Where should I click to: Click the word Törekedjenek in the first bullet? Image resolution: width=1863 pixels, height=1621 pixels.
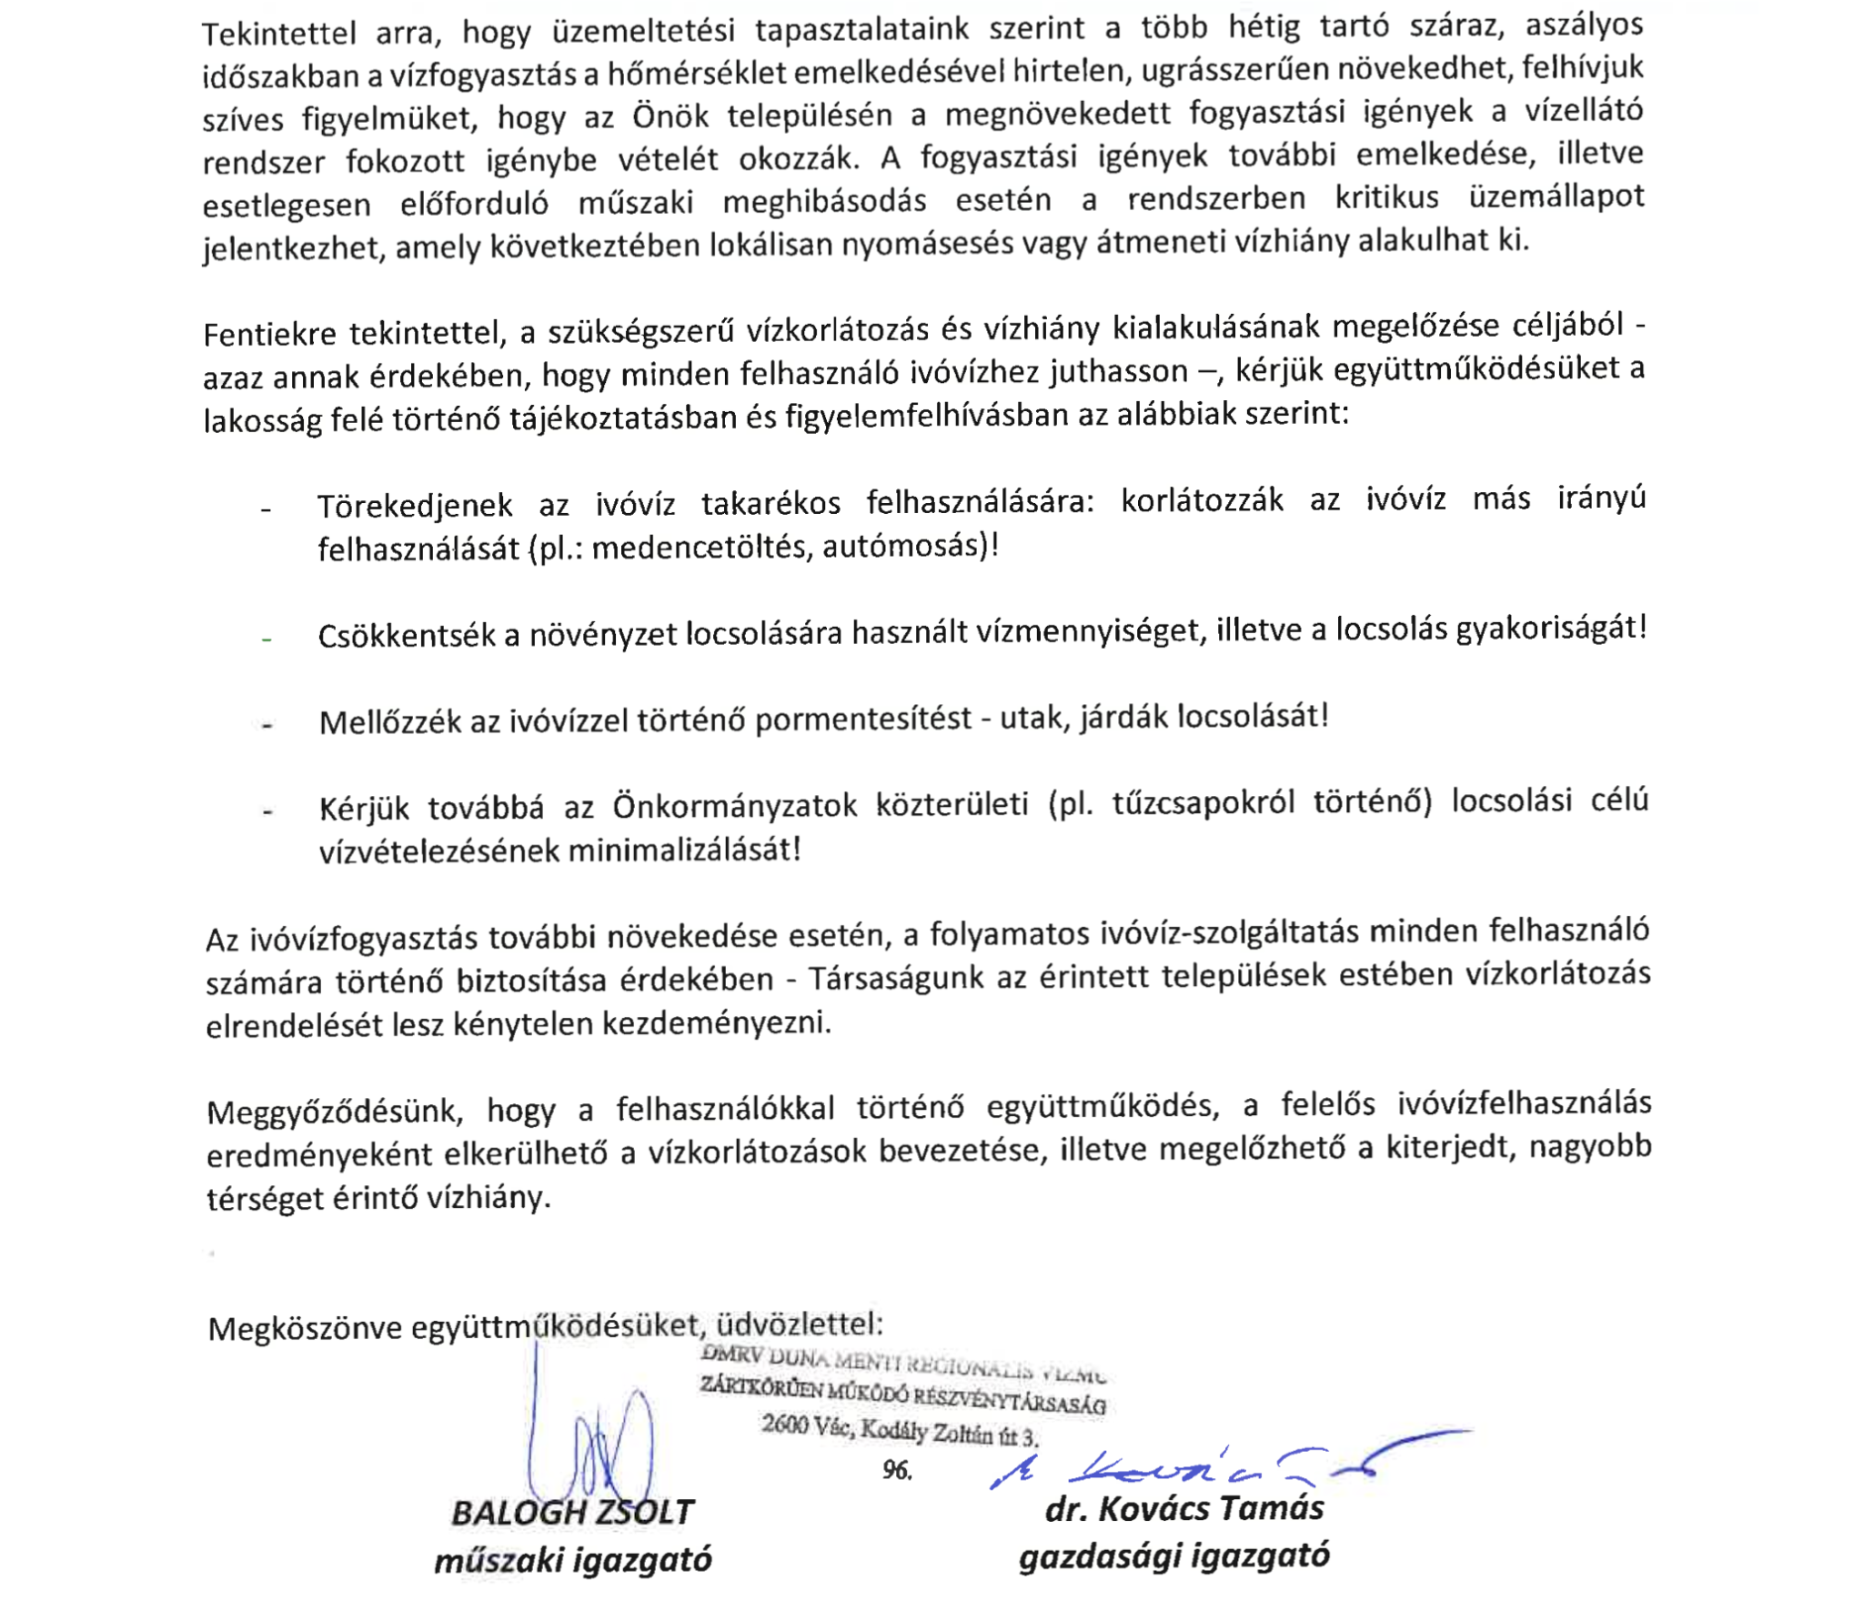pyautogui.click(x=415, y=506)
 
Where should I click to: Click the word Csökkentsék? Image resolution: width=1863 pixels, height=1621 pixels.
pyautogui.click(x=407, y=635)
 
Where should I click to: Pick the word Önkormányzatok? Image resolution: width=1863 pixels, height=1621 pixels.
pyautogui.click(x=734, y=806)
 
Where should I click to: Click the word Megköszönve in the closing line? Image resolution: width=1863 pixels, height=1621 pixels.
pyautogui.click(x=304, y=1329)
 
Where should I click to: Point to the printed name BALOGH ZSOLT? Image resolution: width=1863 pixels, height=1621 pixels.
pyautogui.click(x=572, y=1513)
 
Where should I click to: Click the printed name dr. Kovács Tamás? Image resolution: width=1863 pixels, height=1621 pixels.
pyautogui.click(x=1184, y=1508)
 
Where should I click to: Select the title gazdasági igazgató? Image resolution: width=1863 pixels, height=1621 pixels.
pyautogui.click(x=1173, y=1556)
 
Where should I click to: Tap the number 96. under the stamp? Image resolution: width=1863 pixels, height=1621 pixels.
pyautogui.click(x=897, y=1470)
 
